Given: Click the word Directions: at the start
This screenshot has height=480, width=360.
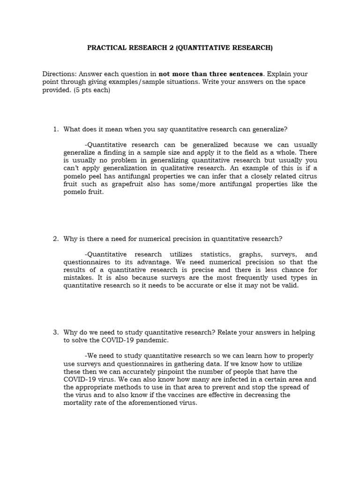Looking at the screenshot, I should click(59, 74).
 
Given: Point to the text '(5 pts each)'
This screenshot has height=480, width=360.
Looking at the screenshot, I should click(91, 90).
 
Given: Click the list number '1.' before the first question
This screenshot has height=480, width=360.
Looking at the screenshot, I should click(55, 129).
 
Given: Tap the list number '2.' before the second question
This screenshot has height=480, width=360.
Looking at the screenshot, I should click(55, 239).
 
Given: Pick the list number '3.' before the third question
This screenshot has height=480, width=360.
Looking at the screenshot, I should click(55, 332).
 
